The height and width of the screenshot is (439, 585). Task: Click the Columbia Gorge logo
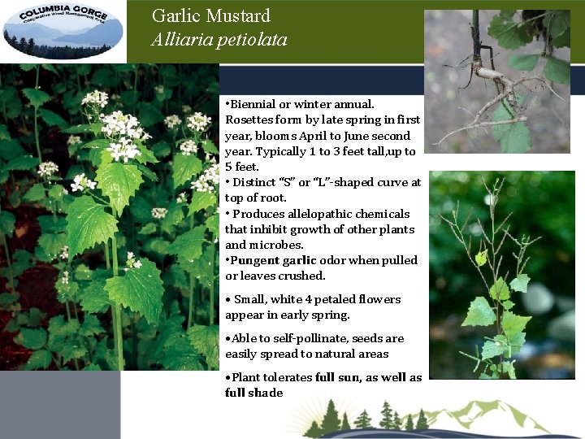coord(63,31)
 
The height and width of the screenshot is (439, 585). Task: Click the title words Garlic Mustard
coord(210,15)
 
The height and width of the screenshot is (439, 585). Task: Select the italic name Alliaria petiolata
coord(219,40)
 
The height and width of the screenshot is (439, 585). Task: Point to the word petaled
coord(327,299)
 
